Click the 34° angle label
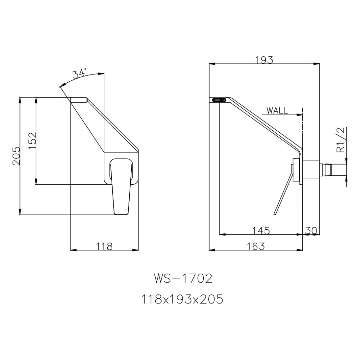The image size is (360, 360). [80, 74]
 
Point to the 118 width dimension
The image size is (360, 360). [104, 246]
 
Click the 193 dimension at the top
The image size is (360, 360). [265, 60]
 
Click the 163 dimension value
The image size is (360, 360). [256, 246]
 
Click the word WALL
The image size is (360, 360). [277, 111]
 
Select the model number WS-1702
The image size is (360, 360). [183, 279]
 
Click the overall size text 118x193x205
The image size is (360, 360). [183, 299]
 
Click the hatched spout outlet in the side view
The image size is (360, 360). [219, 100]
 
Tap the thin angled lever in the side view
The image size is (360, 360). [282, 195]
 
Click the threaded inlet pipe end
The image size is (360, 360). [335, 169]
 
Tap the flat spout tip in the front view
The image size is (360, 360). [78, 100]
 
